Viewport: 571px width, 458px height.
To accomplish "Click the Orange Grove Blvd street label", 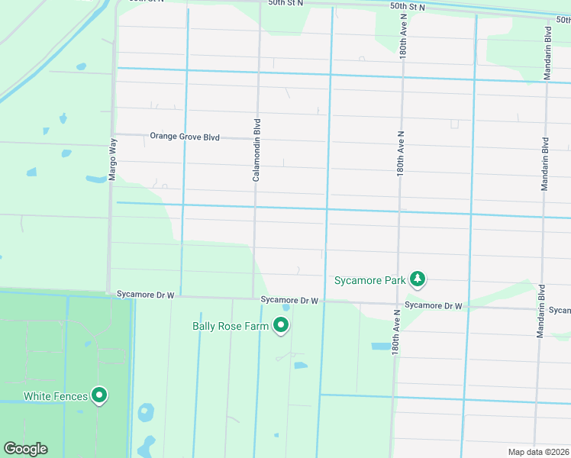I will (x=184, y=137).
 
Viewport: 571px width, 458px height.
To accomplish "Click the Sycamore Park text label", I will (x=369, y=280).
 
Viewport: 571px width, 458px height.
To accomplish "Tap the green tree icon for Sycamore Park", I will (x=417, y=279).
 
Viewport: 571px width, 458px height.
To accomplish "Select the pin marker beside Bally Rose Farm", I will (x=281, y=326).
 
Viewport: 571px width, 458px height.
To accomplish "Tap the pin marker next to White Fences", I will (x=98, y=395).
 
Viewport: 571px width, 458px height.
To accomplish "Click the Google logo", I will (x=25, y=449).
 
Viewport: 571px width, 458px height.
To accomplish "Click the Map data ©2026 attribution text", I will (x=538, y=452).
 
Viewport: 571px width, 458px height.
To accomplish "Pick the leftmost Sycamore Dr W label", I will (x=146, y=294).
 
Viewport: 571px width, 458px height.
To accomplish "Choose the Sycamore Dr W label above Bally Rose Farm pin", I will (x=289, y=301).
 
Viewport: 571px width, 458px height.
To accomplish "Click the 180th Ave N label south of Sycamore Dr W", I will (x=396, y=331).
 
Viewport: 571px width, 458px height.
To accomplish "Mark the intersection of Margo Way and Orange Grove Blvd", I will (x=115, y=134).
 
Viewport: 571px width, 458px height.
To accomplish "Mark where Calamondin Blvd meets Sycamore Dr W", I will (x=254, y=298).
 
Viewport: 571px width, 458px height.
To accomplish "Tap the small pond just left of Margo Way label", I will (x=96, y=179).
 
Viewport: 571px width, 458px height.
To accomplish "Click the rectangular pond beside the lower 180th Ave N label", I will (x=379, y=346).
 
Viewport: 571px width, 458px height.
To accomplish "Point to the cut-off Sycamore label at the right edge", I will (x=560, y=311).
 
